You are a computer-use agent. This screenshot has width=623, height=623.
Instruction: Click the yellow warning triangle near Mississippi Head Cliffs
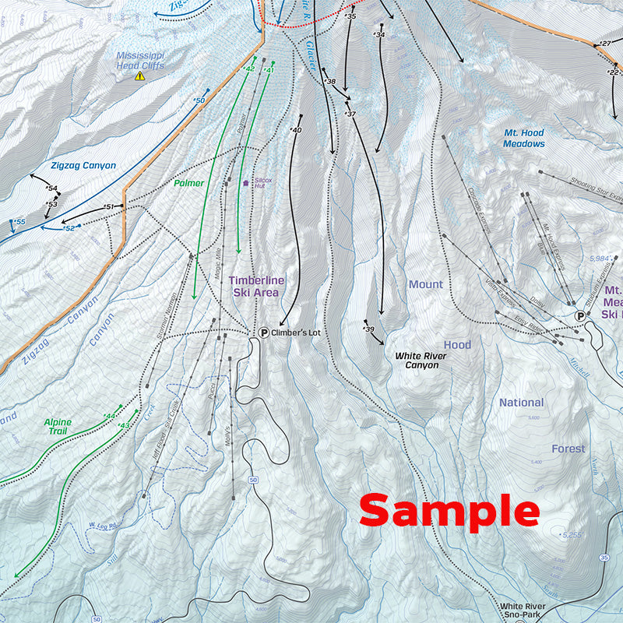pos(140,76)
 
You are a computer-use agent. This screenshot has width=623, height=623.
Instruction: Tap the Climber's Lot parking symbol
pos(264,333)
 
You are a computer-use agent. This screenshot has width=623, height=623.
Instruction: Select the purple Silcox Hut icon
pos(247,183)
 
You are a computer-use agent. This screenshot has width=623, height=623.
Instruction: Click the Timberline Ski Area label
pos(256,286)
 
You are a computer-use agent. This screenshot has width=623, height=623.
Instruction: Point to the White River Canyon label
pos(421,360)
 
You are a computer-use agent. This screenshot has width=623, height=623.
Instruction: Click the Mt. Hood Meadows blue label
pos(523,139)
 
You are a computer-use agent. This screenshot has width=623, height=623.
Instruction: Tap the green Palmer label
pos(188,184)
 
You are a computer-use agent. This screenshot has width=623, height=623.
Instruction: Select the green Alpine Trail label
pos(58,427)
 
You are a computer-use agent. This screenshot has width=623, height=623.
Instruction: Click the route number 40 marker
pos(295,130)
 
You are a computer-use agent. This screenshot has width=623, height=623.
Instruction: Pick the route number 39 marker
pos(369,329)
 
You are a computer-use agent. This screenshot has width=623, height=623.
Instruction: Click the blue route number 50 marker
pos(199,100)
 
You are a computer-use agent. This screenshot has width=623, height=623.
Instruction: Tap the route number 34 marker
pos(379,35)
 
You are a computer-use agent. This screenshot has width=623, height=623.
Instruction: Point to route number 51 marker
pos(109,206)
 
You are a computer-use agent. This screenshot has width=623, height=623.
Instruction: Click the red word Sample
pos(449,512)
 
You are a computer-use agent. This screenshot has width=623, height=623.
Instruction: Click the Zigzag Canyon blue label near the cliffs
pos(83,166)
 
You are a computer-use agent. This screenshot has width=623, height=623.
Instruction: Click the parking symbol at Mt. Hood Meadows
pos(580,315)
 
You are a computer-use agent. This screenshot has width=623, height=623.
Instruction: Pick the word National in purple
pos(521,403)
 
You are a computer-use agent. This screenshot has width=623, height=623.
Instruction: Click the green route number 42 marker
pos(249,69)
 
